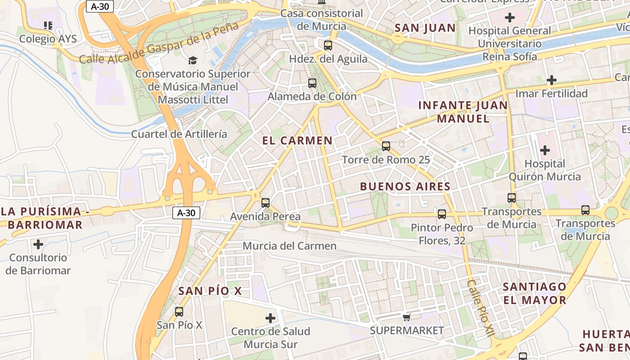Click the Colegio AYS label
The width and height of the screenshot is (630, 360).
(48, 39)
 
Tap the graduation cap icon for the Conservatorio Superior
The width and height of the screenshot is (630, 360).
(193, 60)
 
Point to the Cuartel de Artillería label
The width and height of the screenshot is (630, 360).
(179, 134)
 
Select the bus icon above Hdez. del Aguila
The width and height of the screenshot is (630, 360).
(328, 45)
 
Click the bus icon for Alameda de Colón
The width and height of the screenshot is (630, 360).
(312, 83)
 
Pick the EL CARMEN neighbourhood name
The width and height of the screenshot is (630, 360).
(297, 140)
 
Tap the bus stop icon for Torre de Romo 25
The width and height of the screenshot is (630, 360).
(386, 146)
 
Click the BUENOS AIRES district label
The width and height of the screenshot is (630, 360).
(405, 187)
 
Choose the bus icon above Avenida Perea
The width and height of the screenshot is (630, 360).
(265, 203)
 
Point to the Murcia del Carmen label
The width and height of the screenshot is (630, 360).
(289, 246)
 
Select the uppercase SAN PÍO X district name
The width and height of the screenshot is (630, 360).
(210, 291)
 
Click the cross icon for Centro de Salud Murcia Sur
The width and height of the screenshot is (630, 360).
(270, 318)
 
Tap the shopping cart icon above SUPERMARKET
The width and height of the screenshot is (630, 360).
(407, 318)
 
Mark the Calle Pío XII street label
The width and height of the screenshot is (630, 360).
(480, 308)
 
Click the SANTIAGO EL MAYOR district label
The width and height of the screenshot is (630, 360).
(534, 293)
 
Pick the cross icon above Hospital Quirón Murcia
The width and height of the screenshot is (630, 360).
(545, 150)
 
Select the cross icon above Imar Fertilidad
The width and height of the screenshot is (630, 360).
(552, 80)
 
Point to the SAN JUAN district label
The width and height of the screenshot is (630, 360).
(425, 28)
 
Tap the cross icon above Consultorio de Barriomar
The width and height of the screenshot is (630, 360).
(38, 244)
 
